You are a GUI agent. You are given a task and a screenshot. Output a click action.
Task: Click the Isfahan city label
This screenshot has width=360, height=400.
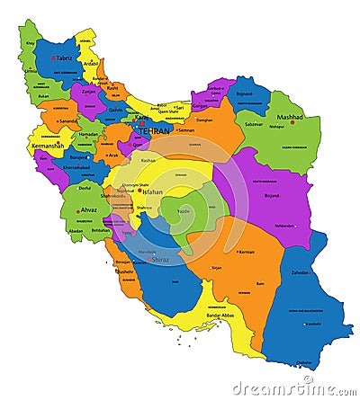[153, 191]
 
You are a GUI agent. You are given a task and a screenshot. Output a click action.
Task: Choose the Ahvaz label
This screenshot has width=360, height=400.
[89, 211]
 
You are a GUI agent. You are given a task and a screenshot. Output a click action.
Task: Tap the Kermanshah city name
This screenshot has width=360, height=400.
[47, 145]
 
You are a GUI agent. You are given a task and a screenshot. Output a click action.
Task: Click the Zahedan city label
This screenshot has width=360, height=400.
[301, 271]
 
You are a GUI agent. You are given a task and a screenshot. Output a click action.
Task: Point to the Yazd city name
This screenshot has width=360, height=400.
[183, 211]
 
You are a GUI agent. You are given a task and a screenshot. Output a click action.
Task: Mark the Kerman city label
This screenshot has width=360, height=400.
[246, 252]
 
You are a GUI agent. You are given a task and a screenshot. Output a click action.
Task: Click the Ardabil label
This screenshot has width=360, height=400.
[91, 63]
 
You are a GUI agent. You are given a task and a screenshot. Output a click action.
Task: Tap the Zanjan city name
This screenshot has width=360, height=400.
[86, 90]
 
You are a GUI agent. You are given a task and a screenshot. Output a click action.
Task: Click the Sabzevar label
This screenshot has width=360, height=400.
[255, 123]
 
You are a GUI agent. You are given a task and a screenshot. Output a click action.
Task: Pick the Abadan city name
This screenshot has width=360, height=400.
[76, 230]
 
